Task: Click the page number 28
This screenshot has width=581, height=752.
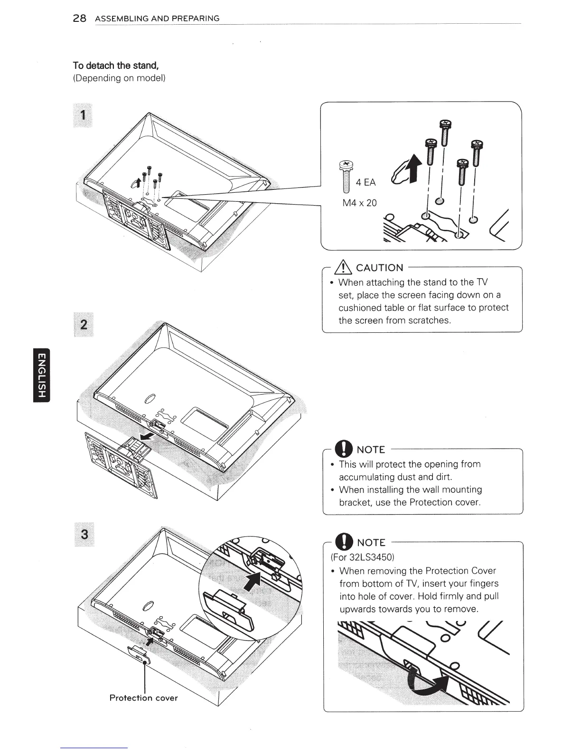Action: pos(79,19)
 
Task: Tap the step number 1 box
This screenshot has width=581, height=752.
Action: pos(84,115)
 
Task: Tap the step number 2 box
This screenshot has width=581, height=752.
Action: pos(84,325)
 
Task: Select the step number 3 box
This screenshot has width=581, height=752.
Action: pos(84,534)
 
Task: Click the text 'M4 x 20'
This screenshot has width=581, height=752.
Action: pos(359,203)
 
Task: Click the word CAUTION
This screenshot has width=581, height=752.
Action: pos(379,268)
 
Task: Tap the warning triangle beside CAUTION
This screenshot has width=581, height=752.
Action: pos(343,267)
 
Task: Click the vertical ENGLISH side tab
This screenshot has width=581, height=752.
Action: pos(41,375)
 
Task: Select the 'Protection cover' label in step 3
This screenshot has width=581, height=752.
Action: pos(143,698)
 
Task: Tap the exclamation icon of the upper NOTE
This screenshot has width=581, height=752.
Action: pos(343,449)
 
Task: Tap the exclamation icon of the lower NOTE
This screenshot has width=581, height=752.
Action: pos(343,542)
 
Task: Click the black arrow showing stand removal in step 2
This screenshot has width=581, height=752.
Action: pos(148,436)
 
